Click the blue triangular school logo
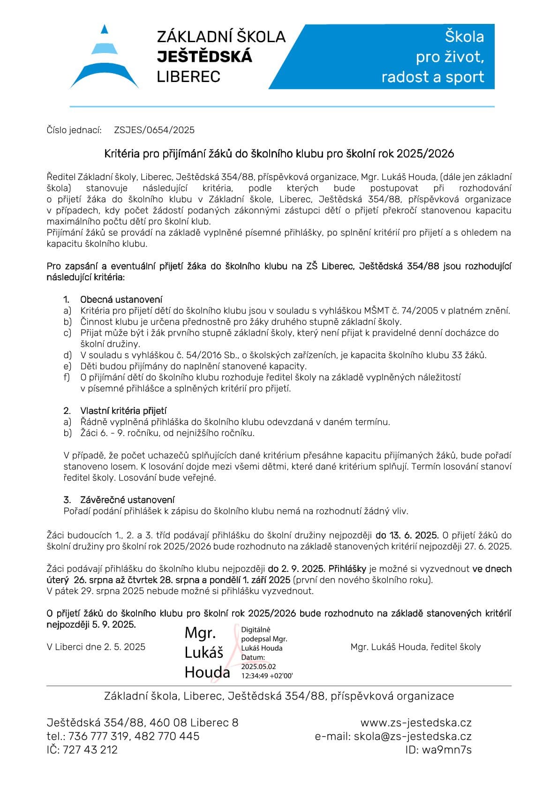click(104, 59)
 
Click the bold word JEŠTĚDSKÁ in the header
click(204, 57)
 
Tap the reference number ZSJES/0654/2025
click(154, 130)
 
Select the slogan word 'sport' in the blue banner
click(462, 77)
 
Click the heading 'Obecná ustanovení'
click(121, 299)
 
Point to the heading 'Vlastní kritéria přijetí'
click(123, 411)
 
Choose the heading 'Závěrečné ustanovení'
click(127, 500)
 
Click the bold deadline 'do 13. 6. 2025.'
click(407, 535)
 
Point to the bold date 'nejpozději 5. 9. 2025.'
click(91, 624)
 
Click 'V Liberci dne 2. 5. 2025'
click(96, 647)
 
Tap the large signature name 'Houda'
click(207, 672)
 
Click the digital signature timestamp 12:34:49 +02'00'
click(267, 676)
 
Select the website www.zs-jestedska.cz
click(416, 722)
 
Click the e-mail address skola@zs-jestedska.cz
click(413, 736)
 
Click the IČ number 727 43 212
click(89, 750)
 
